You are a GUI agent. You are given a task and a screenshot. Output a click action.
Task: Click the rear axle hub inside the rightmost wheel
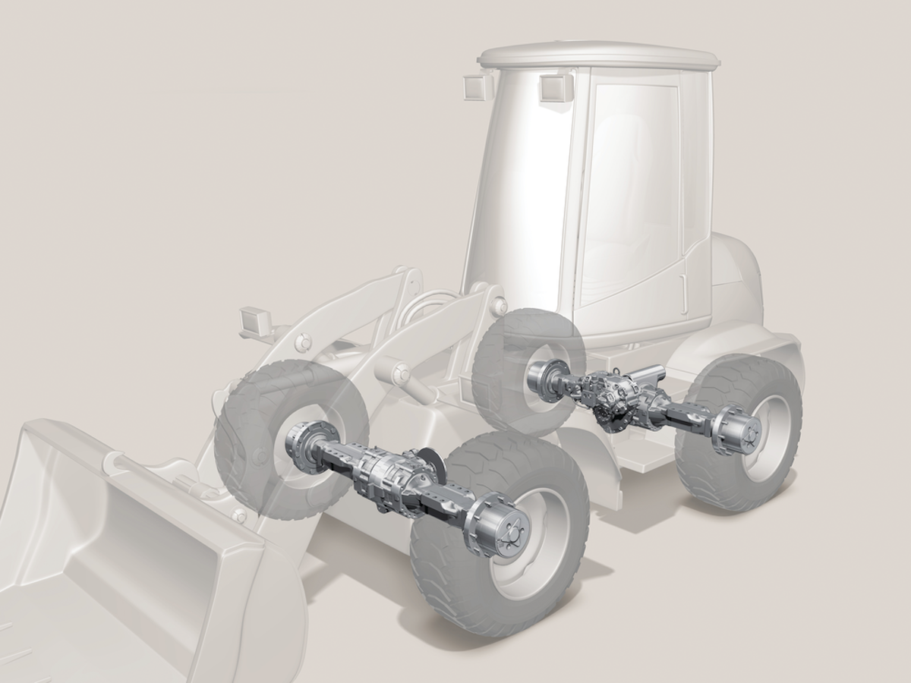coord(738,432)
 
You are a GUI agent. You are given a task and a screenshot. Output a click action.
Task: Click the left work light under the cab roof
coord(474,87)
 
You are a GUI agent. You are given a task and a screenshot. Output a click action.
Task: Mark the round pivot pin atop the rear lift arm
coord(499,306)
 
